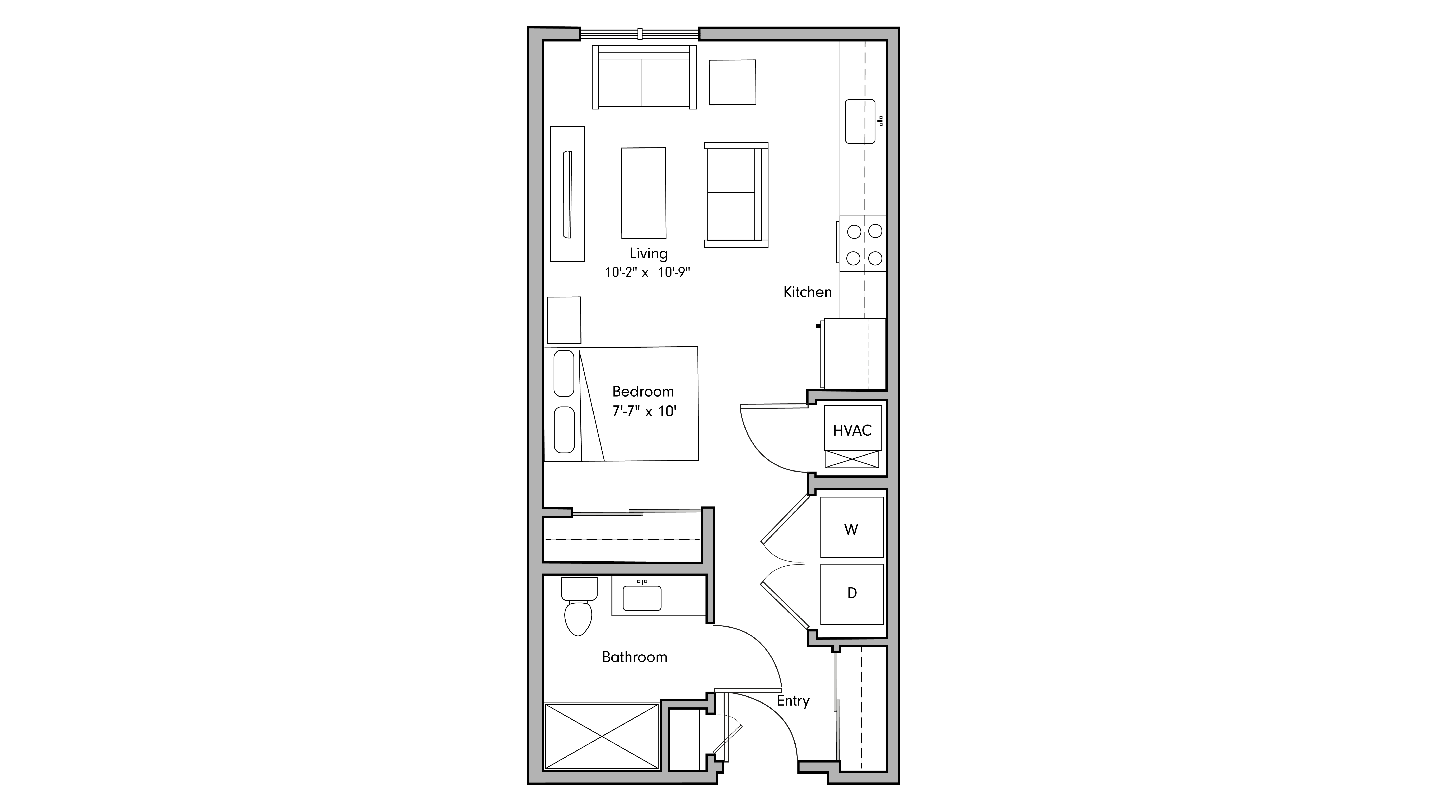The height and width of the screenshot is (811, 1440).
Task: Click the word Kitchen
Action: coord(807,292)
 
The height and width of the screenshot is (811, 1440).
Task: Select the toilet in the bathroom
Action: coord(579,612)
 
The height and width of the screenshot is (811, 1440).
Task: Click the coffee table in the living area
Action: coord(643,193)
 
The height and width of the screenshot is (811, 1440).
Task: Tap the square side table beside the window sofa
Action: coord(732,82)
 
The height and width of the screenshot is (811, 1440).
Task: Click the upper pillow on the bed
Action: coord(564,373)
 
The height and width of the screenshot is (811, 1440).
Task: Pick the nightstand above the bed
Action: coord(564,320)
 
